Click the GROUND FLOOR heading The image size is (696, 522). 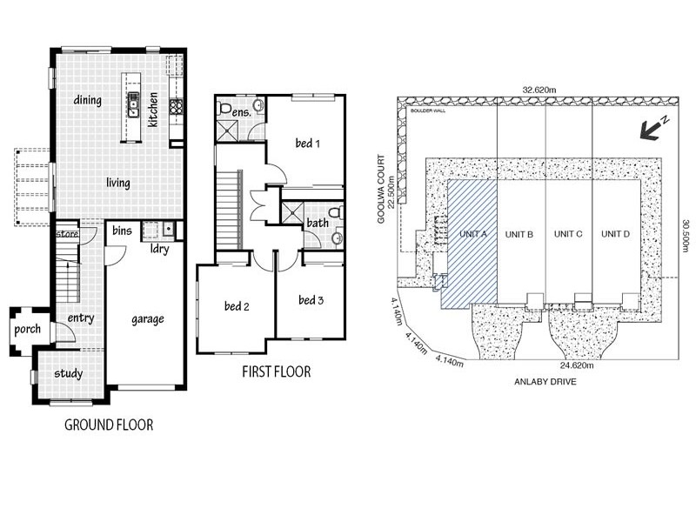click(109, 425)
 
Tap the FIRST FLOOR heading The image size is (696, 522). click(276, 371)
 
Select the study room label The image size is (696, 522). click(69, 374)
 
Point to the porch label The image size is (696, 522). click(27, 330)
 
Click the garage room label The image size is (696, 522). click(148, 319)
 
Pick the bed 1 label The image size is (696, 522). click(308, 143)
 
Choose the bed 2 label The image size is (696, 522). click(237, 306)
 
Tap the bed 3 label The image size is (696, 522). click(311, 300)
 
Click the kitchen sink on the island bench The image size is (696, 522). click(133, 104)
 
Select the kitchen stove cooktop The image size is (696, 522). click(176, 107)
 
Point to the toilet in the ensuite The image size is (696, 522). click(224, 108)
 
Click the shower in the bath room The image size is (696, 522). click(292, 212)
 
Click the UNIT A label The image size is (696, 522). click(473, 234)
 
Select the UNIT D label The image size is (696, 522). click(615, 234)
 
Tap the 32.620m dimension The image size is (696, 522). click(539, 90)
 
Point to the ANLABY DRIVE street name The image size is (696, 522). click(545, 381)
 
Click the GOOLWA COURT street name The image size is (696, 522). click(380, 189)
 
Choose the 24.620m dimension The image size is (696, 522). click(577, 365)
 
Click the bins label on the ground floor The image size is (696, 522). click(122, 231)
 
